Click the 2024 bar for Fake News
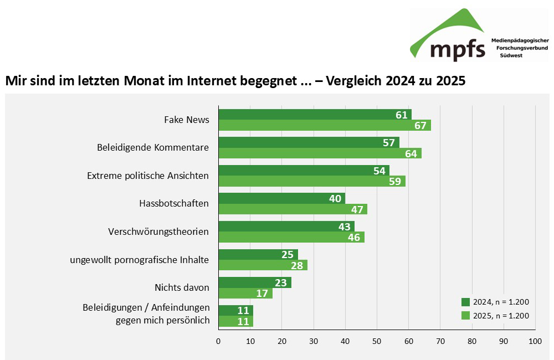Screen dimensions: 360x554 (x=315, y=115)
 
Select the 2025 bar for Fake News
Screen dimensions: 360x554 (x=324, y=125)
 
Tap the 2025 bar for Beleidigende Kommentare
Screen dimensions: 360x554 (x=320, y=153)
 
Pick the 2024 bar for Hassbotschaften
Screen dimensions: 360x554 (x=281, y=198)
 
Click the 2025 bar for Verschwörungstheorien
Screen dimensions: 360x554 (x=291, y=237)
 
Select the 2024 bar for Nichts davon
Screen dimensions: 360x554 (x=255, y=282)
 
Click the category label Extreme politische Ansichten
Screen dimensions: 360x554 (x=148, y=176)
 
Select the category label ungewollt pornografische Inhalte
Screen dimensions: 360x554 (x=139, y=260)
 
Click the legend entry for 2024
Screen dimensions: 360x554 (x=495, y=302)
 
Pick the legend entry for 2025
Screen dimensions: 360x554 (x=495, y=316)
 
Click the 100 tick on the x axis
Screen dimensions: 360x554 (x=535, y=342)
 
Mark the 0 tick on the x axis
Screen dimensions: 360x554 (x=219, y=342)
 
